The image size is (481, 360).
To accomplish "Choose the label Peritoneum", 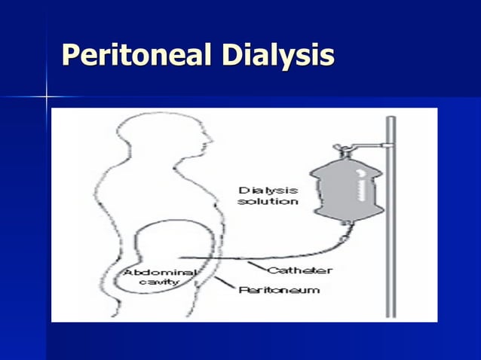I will point(280,289).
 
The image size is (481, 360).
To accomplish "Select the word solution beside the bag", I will point(268,202).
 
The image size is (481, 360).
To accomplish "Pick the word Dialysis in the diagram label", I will point(268,191).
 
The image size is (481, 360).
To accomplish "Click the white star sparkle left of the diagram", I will point(47,97).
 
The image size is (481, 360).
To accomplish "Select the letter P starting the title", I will point(70,55).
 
